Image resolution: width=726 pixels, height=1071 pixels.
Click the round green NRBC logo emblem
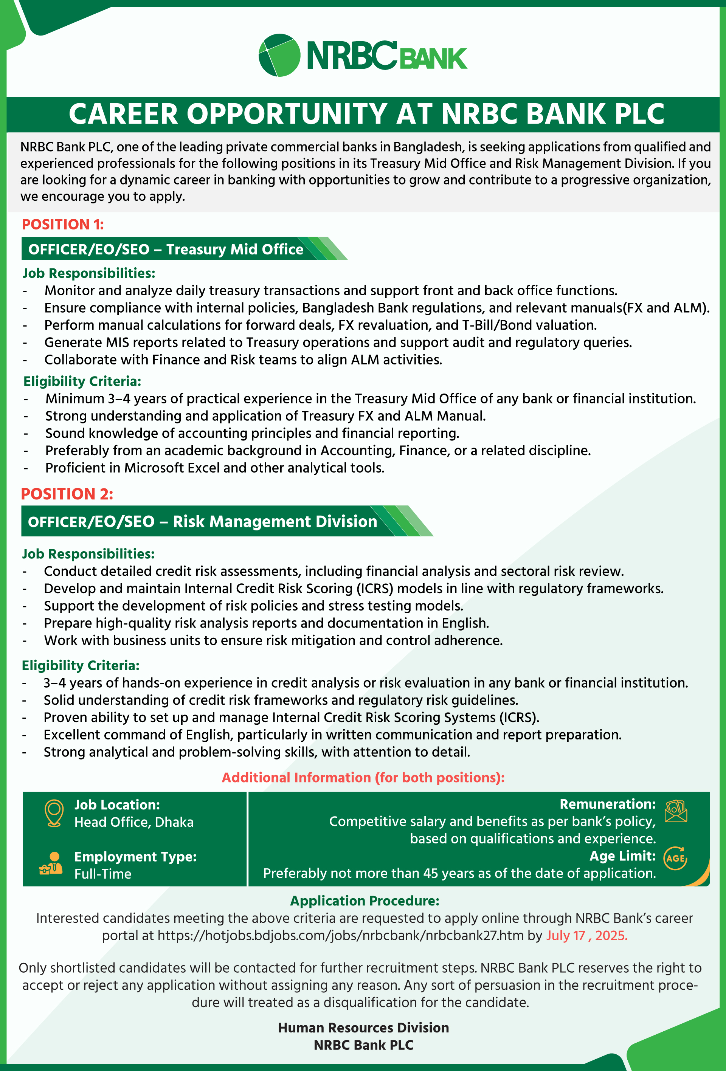[x=279, y=55]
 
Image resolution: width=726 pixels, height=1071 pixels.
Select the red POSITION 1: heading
[x=63, y=225]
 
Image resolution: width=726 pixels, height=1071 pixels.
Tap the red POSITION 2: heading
[x=67, y=494]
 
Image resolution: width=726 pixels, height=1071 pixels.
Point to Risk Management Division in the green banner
[x=275, y=521]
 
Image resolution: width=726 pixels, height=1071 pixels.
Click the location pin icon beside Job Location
[x=54, y=813]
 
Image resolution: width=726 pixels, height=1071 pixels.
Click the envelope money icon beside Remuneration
[x=676, y=811]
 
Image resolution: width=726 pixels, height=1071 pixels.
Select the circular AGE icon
[x=675, y=858]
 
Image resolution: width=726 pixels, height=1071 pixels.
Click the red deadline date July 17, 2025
[x=586, y=936]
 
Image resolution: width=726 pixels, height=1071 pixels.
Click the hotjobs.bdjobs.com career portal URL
[x=340, y=936]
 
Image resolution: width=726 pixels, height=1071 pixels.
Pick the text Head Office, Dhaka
[x=134, y=822]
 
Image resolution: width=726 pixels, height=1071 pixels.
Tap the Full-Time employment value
[x=103, y=874]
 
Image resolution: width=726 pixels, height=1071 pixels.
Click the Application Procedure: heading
[x=364, y=901]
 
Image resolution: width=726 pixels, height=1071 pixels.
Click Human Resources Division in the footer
[x=363, y=1028]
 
